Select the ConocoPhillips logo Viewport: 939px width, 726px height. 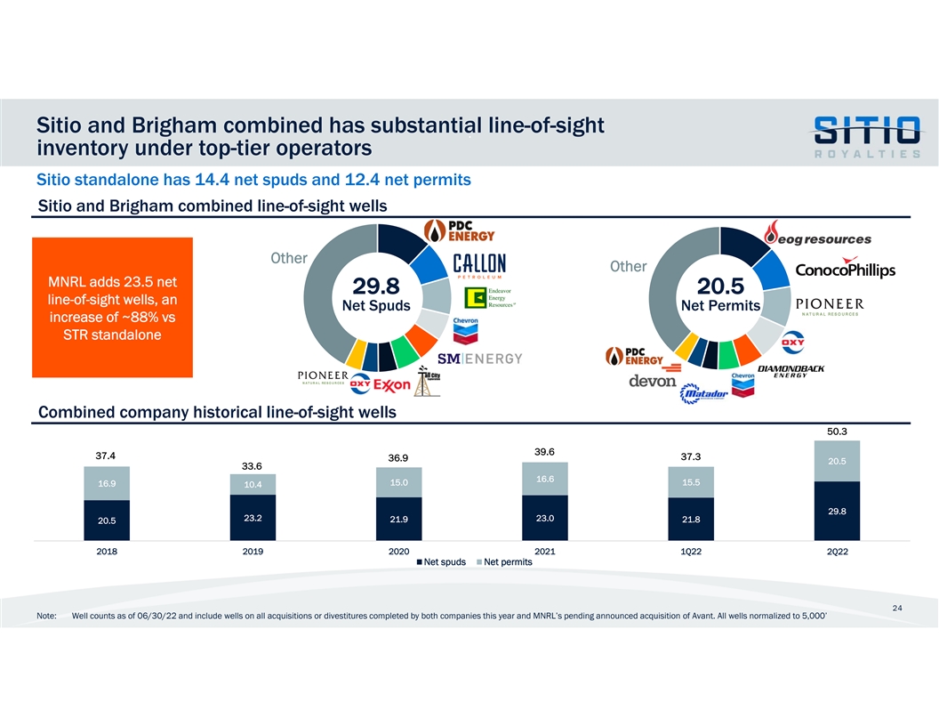[x=845, y=269]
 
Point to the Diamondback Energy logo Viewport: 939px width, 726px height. [x=791, y=371]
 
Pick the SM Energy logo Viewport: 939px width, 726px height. [x=479, y=359]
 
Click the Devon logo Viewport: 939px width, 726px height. [x=653, y=382]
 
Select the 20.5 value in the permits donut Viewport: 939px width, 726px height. [x=721, y=286]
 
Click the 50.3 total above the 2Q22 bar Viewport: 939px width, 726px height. [x=836, y=432]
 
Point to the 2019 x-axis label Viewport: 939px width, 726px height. [x=253, y=552]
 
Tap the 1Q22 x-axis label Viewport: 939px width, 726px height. [x=690, y=552]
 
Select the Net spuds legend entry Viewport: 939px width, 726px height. [x=440, y=561]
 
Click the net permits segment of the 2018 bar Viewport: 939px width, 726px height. [x=108, y=483]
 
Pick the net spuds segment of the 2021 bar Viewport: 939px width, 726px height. [x=545, y=518]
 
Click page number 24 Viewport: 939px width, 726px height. [x=897, y=608]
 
